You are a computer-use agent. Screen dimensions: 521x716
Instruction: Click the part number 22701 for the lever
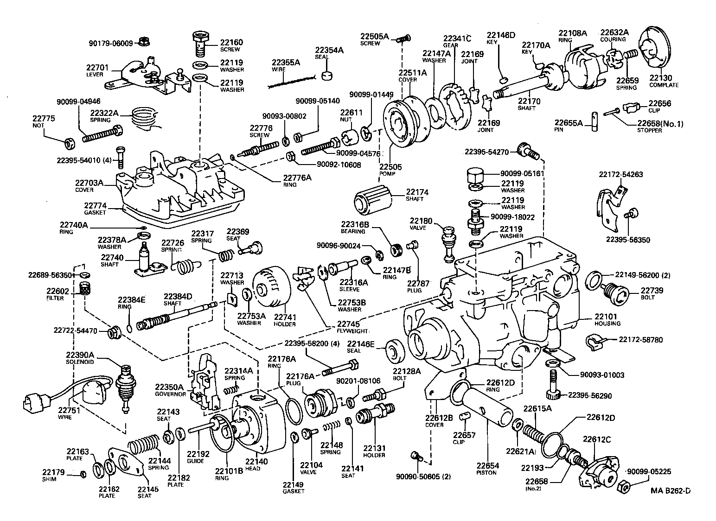point(97,68)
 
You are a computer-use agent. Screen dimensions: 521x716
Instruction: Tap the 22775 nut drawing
point(69,142)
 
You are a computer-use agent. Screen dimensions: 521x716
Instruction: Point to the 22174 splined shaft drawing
point(372,200)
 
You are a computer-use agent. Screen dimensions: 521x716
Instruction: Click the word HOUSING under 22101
point(607,324)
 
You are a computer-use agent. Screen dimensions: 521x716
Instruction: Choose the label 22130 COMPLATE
point(663,81)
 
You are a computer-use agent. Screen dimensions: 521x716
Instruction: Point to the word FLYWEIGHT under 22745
point(352,331)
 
